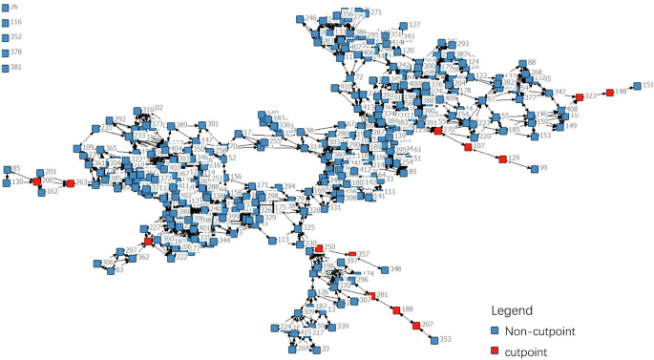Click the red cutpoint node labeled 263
tap(70, 182)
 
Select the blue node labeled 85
tap(7, 169)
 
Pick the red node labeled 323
tap(579, 96)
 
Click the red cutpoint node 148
tap(608, 92)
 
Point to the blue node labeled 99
tap(533, 169)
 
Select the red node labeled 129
tap(501, 159)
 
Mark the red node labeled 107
tap(466, 146)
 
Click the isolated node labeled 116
tap(6, 22)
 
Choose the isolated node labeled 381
tap(6, 68)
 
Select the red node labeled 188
tap(395, 310)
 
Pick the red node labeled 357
tap(351, 255)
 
